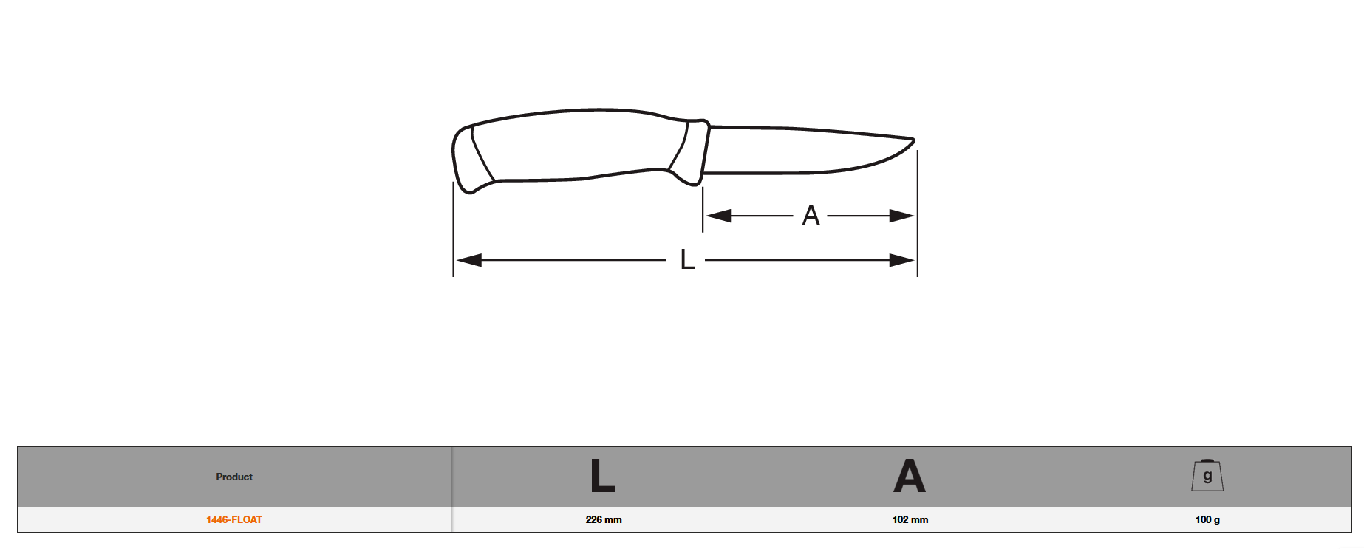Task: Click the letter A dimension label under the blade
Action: (x=811, y=216)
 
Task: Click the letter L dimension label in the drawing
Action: (x=687, y=260)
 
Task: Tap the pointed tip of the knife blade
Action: (x=914, y=140)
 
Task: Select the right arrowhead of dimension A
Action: (x=902, y=216)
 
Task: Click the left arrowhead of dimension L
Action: (x=468, y=260)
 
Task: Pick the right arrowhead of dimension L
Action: (x=902, y=260)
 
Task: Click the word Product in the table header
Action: (x=234, y=477)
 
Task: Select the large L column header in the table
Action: (x=603, y=477)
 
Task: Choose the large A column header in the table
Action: (x=910, y=477)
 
